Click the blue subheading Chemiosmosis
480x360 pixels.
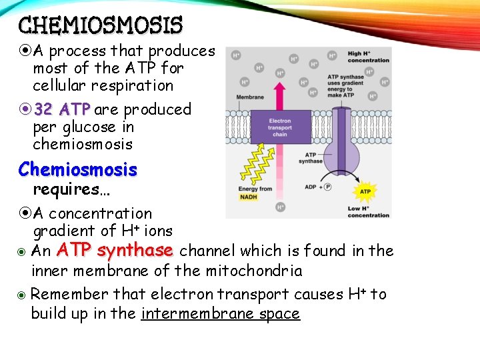77,169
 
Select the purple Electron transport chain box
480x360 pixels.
280,126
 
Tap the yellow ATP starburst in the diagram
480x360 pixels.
365,191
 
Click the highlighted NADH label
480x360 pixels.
249,197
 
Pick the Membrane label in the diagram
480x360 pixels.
250,97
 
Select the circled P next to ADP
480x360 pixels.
327,187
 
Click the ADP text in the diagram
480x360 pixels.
311,187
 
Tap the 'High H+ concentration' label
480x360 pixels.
368,57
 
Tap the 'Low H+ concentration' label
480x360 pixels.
368,212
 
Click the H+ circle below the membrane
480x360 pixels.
281,207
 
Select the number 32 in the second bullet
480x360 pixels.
43,109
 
